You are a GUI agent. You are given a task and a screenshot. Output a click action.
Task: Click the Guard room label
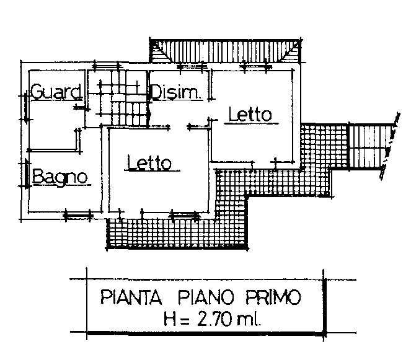56,92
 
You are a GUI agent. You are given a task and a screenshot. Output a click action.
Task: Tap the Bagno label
60,177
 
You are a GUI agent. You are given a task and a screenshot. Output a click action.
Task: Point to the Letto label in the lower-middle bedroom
149,163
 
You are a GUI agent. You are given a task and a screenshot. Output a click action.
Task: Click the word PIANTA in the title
131,297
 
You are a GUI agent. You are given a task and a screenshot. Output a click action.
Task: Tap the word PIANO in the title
206,297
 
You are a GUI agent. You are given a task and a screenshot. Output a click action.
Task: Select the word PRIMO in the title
273,297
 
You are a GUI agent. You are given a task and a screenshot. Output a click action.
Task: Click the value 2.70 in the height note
214,319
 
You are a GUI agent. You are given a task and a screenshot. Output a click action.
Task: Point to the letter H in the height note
170,319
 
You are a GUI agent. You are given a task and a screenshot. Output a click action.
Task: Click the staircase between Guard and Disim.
117,99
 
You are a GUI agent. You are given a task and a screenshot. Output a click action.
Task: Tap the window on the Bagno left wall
27,173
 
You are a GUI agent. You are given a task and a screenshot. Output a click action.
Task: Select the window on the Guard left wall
26,107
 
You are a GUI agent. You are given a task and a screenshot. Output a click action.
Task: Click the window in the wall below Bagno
78,216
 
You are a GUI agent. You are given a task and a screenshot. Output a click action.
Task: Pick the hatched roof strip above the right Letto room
226,51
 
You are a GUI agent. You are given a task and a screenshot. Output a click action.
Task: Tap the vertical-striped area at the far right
370,146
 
